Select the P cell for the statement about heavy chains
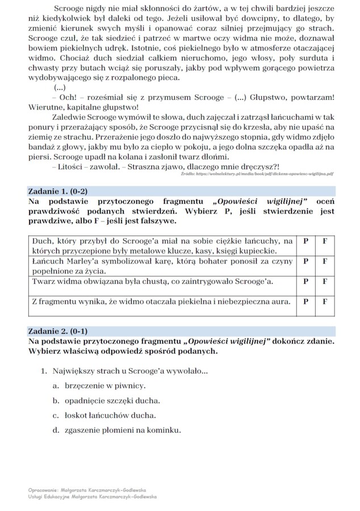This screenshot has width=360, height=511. (x=306, y=241)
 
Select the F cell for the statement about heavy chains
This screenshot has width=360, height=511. (x=325, y=241)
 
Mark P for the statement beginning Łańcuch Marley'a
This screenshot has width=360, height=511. (x=306, y=262)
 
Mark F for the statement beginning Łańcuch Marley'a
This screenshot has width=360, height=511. (x=325, y=262)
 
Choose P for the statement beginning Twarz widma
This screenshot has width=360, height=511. (x=306, y=281)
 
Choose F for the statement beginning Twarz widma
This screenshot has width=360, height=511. (x=325, y=281)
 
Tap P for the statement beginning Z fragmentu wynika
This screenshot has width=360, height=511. (x=306, y=301)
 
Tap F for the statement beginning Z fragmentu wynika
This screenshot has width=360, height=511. (x=325, y=301)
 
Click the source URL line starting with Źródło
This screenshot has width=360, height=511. (x=256, y=176)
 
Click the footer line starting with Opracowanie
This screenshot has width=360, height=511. (x=86, y=488)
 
